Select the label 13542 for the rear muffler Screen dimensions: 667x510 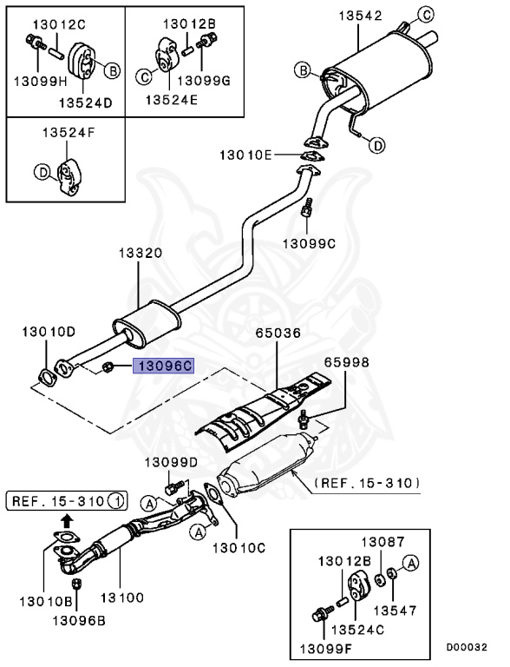coord(357,17)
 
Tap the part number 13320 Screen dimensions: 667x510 coord(140,254)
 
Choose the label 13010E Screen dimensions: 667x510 coord(245,155)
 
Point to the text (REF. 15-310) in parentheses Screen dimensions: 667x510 coord(367,482)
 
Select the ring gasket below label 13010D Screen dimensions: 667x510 coord(43,375)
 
